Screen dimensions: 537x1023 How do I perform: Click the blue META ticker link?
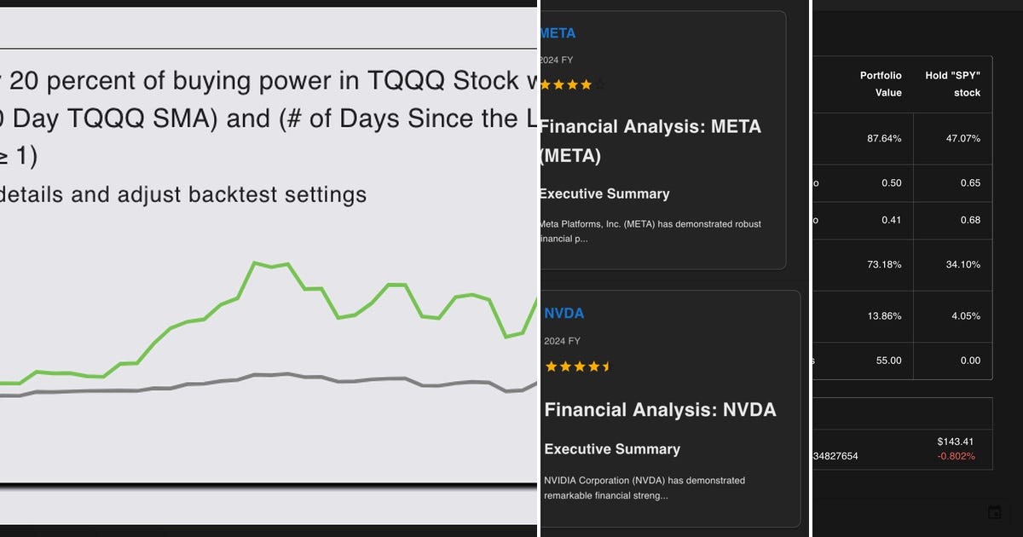pos(558,33)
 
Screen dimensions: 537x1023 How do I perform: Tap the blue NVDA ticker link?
pos(564,313)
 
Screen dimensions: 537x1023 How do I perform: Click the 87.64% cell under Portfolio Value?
pos(884,138)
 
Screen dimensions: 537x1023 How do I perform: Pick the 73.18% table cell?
pos(884,264)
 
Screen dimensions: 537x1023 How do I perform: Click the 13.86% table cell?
pos(884,315)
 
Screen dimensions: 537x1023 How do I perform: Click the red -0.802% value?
pos(956,456)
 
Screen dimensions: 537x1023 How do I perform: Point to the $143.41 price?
pos(955,442)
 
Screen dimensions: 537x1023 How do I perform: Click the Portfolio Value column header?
pos(881,84)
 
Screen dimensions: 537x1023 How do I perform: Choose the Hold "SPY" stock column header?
pos(953,84)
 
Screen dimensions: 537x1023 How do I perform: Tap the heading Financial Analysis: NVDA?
pos(660,410)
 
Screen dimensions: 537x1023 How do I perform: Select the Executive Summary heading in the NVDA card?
pos(612,448)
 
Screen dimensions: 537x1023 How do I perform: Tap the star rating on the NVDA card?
pos(578,367)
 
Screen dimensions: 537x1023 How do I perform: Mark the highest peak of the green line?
pos(255,263)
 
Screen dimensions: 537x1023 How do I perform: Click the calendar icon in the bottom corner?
pos(994,512)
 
